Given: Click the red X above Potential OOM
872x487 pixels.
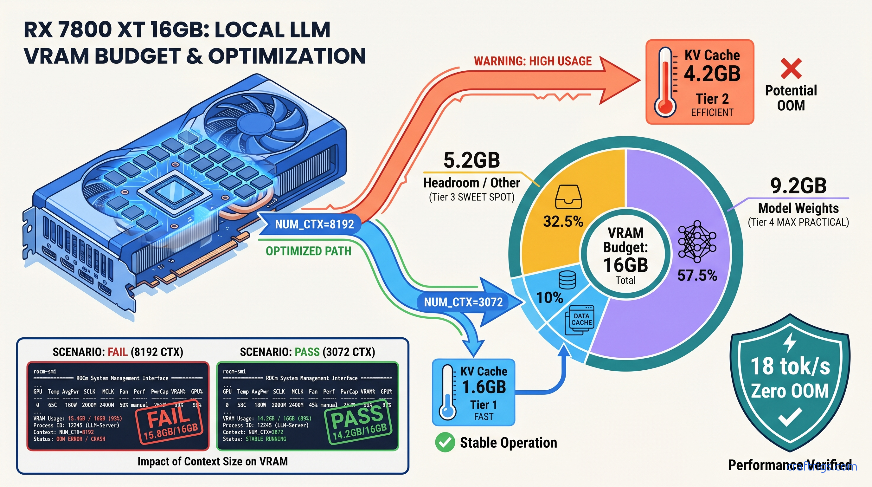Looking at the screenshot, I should [x=791, y=68].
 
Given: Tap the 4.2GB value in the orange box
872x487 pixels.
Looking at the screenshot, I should [x=712, y=74].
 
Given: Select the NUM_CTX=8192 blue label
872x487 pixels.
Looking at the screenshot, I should [x=314, y=224].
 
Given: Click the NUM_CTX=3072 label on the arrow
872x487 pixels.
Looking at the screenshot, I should [x=463, y=302].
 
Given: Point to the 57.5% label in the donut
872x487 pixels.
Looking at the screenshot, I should [x=697, y=275].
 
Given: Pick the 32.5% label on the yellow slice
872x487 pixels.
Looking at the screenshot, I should [x=563, y=222].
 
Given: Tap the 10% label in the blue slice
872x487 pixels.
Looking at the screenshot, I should [x=550, y=298].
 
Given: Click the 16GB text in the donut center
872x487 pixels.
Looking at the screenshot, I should [x=625, y=265].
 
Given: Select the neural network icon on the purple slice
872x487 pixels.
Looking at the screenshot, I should [x=697, y=241].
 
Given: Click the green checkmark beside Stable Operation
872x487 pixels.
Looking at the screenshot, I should [x=445, y=442].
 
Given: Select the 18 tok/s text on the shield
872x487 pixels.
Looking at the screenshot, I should [x=790, y=367].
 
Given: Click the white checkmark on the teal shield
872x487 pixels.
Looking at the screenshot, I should [x=790, y=417].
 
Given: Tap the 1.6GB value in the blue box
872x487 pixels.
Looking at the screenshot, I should [x=484, y=387].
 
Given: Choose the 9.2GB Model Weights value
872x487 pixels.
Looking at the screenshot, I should [x=798, y=185].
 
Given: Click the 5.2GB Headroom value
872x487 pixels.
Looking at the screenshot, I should [x=471, y=160].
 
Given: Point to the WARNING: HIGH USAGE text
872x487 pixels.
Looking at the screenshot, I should [x=532, y=61].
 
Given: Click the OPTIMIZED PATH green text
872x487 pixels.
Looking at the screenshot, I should [x=308, y=251].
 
